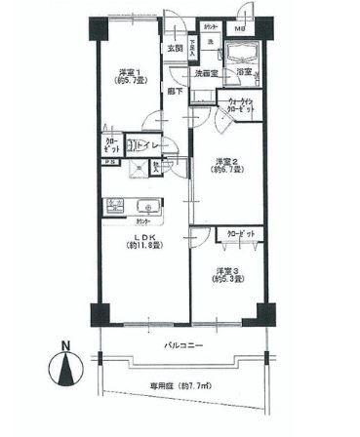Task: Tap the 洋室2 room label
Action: pos(226,163)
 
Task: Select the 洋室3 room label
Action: pos(227,270)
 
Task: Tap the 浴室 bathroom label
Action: pos(242,71)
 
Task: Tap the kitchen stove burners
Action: pos(115,205)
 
